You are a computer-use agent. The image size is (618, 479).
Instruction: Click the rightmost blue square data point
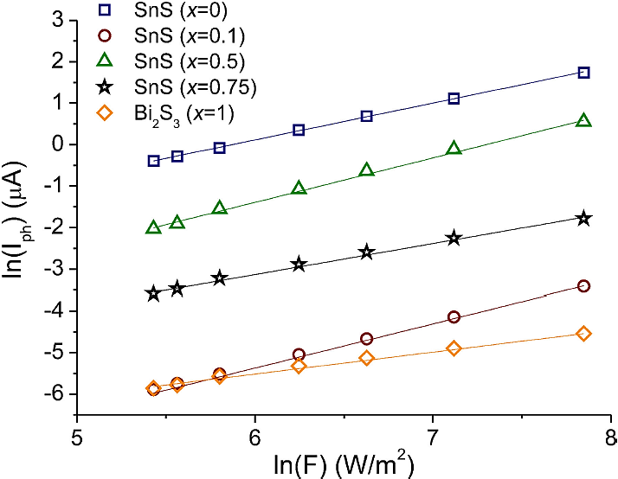[583, 73]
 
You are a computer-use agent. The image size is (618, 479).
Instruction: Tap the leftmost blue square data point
[153, 161]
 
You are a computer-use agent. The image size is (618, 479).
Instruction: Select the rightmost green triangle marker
[583, 120]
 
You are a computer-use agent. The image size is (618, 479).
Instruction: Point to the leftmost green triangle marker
[153, 227]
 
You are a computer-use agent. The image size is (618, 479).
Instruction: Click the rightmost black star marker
[583, 218]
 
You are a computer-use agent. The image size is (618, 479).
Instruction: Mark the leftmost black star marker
[153, 293]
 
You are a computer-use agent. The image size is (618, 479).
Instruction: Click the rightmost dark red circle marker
[583, 286]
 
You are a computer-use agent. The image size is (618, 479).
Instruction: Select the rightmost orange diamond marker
[583, 334]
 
